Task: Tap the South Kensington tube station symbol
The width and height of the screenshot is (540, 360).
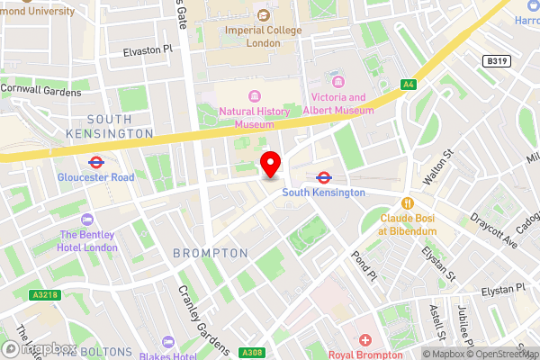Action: [324, 177]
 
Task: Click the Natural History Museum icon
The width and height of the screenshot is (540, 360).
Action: [256, 96]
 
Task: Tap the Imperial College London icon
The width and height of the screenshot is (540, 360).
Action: [263, 15]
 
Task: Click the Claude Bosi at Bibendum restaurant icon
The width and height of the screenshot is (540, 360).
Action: [408, 203]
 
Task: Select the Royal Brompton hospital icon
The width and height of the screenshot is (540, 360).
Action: [365, 340]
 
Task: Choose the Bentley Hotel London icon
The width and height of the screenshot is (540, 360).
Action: [87, 220]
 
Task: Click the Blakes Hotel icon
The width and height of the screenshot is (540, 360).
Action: [167, 342]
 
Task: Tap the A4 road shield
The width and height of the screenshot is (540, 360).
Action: [409, 85]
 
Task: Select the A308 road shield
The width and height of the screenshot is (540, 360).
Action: [254, 353]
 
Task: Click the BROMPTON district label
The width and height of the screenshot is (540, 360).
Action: [210, 254]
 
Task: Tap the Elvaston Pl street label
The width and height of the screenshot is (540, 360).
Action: [147, 52]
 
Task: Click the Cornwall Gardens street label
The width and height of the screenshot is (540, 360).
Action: [40, 88]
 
